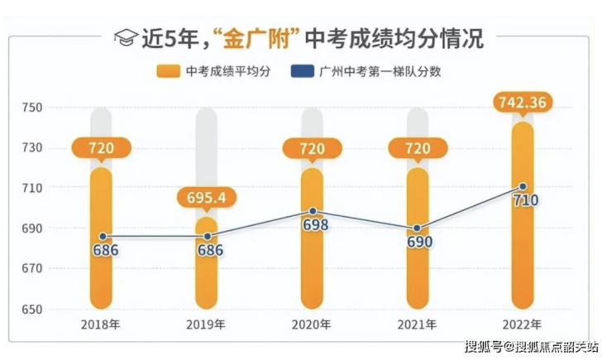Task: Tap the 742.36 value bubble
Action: pos(523,103)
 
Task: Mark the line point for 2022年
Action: pos(523,187)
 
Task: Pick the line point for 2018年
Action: pos(103,237)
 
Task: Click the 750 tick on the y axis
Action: pos(32,108)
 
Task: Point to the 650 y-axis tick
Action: pos(32,310)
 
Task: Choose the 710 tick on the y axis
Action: pos(32,189)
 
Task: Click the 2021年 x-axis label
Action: pos(418,324)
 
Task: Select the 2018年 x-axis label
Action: pos(102,324)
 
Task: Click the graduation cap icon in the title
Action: pos(125,37)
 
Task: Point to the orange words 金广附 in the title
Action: pos(257,38)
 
